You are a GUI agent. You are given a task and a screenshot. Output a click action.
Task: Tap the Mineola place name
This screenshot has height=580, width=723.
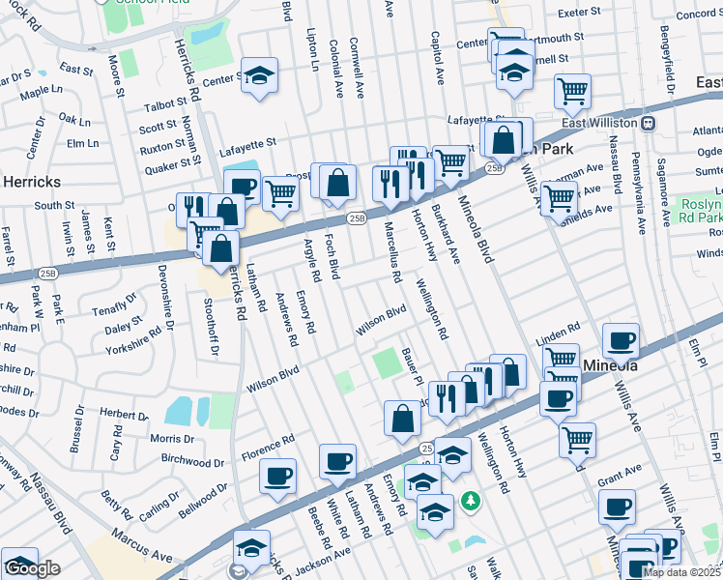click(611, 366)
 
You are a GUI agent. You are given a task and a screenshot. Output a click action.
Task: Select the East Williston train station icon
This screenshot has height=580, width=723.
click(650, 123)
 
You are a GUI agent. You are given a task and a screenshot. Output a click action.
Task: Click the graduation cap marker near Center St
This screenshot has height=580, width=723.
click(258, 76)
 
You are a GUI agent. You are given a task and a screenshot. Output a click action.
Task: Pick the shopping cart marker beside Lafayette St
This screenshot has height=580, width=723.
click(572, 92)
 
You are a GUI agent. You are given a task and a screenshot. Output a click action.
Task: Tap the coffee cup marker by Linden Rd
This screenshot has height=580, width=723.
click(620, 340)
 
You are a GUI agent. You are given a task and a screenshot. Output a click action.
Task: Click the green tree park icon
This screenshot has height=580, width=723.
click(470, 501)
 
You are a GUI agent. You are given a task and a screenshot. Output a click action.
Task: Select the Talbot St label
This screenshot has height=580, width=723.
click(165, 103)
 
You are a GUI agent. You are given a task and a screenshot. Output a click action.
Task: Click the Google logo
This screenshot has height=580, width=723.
click(32, 568)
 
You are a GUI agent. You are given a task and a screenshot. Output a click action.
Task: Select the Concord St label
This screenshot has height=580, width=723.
click(699, 14)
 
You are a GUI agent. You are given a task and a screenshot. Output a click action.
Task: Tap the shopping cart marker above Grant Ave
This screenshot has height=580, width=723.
click(577, 439)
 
